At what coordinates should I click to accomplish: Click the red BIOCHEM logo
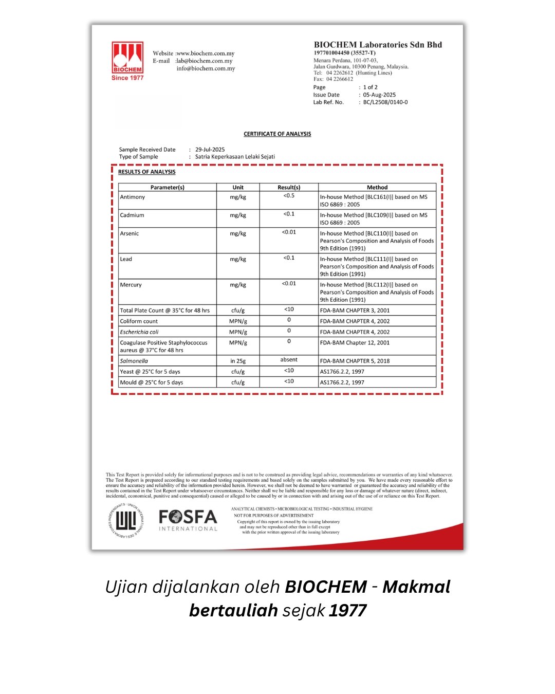click(127, 61)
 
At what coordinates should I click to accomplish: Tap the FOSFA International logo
click(188, 520)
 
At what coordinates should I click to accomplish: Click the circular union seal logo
click(126, 521)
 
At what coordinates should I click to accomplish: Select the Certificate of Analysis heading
click(277, 134)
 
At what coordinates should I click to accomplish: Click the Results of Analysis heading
click(147, 172)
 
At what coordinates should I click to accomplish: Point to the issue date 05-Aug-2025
click(379, 95)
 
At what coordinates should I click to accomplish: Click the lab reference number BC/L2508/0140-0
click(385, 102)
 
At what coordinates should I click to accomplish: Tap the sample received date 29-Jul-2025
click(210, 150)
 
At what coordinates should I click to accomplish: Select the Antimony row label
click(133, 197)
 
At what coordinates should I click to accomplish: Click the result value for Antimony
click(289, 196)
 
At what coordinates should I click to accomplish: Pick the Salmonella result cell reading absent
click(289, 360)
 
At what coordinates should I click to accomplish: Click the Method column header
click(377, 187)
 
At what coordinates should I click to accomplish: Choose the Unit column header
click(238, 187)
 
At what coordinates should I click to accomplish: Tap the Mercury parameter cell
click(131, 285)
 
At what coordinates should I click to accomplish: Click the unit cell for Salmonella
click(237, 361)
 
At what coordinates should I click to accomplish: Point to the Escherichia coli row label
click(139, 332)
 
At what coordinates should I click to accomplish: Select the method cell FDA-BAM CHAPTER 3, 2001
click(355, 311)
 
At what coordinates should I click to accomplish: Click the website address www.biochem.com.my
click(206, 53)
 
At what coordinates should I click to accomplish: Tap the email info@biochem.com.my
click(206, 68)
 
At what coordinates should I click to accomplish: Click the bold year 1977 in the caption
click(348, 610)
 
